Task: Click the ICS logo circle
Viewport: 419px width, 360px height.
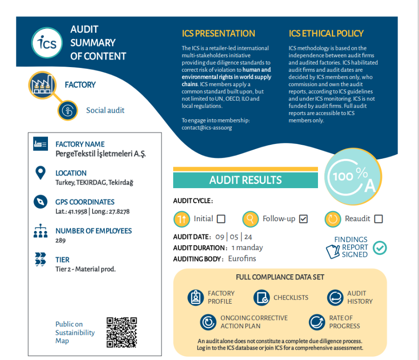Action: [47, 43]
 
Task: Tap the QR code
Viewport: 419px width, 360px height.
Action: [122, 332]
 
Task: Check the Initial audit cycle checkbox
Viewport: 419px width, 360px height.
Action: [221, 219]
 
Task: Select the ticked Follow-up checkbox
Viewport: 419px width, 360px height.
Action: [304, 219]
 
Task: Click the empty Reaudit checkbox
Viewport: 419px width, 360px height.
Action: [378, 219]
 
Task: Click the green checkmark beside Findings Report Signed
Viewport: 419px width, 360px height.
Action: [380, 248]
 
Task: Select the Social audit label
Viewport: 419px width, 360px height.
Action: [105, 111]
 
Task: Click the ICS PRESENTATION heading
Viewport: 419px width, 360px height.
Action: [218, 34]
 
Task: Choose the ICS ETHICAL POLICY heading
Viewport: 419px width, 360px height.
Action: [326, 34]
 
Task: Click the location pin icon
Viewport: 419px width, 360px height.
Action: [41, 173]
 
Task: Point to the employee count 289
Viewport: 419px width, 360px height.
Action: [61, 241]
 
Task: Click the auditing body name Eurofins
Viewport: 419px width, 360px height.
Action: [242, 258]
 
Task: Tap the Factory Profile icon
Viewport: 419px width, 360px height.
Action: [196, 297]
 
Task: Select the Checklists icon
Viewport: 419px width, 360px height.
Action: [262, 297]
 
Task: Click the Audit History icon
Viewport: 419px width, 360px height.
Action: [335, 297]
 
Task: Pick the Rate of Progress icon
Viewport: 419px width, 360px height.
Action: [317, 322]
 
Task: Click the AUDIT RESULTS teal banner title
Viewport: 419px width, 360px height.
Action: [245, 180]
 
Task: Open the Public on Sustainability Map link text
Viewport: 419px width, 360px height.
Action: [75, 333]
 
